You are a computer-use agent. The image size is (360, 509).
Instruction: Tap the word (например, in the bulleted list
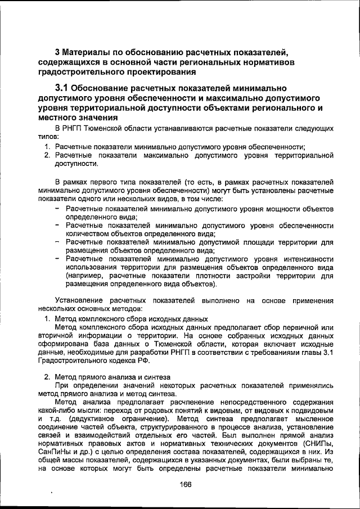click(x=85, y=276)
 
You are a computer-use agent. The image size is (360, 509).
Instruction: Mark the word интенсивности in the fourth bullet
click(x=305, y=259)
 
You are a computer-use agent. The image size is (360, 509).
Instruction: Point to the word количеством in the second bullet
click(x=90, y=233)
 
